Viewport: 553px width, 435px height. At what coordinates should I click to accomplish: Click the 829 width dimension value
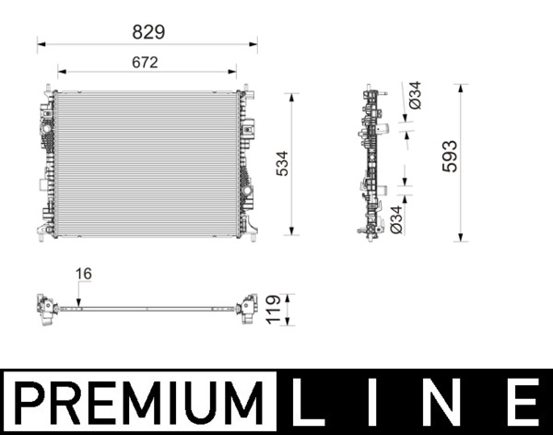(x=147, y=31)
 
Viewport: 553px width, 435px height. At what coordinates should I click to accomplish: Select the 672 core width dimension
(x=144, y=63)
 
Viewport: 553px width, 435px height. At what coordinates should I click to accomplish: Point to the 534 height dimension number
(x=282, y=164)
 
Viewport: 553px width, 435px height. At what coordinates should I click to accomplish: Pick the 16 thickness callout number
(x=84, y=274)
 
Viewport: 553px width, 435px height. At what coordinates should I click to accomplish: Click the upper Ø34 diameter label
(x=415, y=97)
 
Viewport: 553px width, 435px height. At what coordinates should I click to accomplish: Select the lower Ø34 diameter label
(x=395, y=217)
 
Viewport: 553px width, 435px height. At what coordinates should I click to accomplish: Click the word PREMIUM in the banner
(x=138, y=403)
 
